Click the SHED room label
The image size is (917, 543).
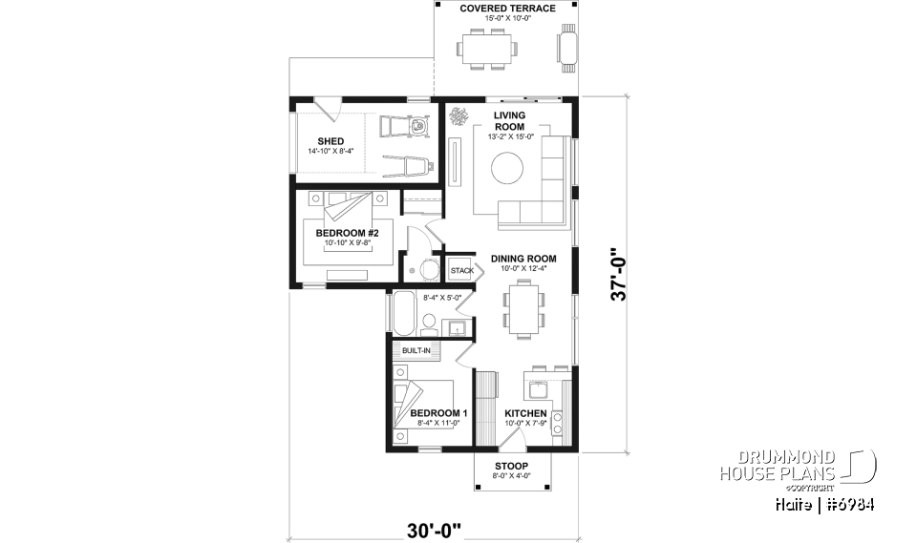click(317, 141)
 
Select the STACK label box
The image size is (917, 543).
click(462, 270)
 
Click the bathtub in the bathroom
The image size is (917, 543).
click(402, 314)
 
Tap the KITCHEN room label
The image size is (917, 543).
click(525, 413)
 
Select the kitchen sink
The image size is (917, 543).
click(535, 387)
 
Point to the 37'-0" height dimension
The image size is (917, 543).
click(622, 274)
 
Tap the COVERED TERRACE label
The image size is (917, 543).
click(507, 9)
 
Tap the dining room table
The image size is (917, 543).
click(522, 310)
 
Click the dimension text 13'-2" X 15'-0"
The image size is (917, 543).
click(509, 137)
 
